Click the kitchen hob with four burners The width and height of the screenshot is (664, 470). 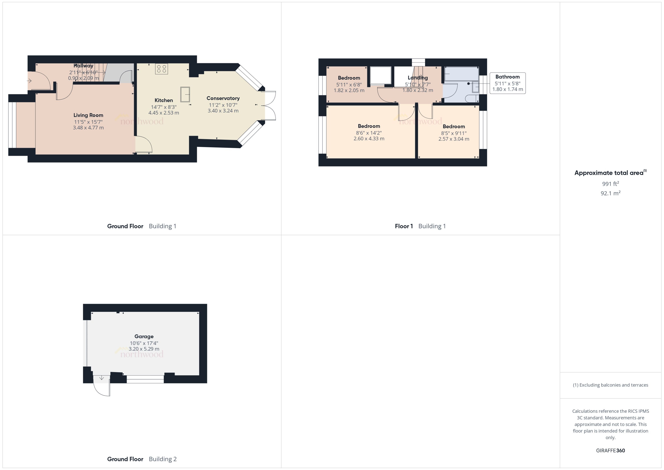161,69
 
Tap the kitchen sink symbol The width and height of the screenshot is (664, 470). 185,94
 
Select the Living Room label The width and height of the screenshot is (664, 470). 88,115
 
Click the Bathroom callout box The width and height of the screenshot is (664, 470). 507,83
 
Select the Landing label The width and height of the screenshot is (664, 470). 418,78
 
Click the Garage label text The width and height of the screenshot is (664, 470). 144,336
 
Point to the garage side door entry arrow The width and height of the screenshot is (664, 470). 101,378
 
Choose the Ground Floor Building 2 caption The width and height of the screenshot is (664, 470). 142,459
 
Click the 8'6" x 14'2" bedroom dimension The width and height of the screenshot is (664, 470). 369,133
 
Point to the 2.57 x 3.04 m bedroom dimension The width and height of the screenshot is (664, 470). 454,139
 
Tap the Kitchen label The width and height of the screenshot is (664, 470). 164,100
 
